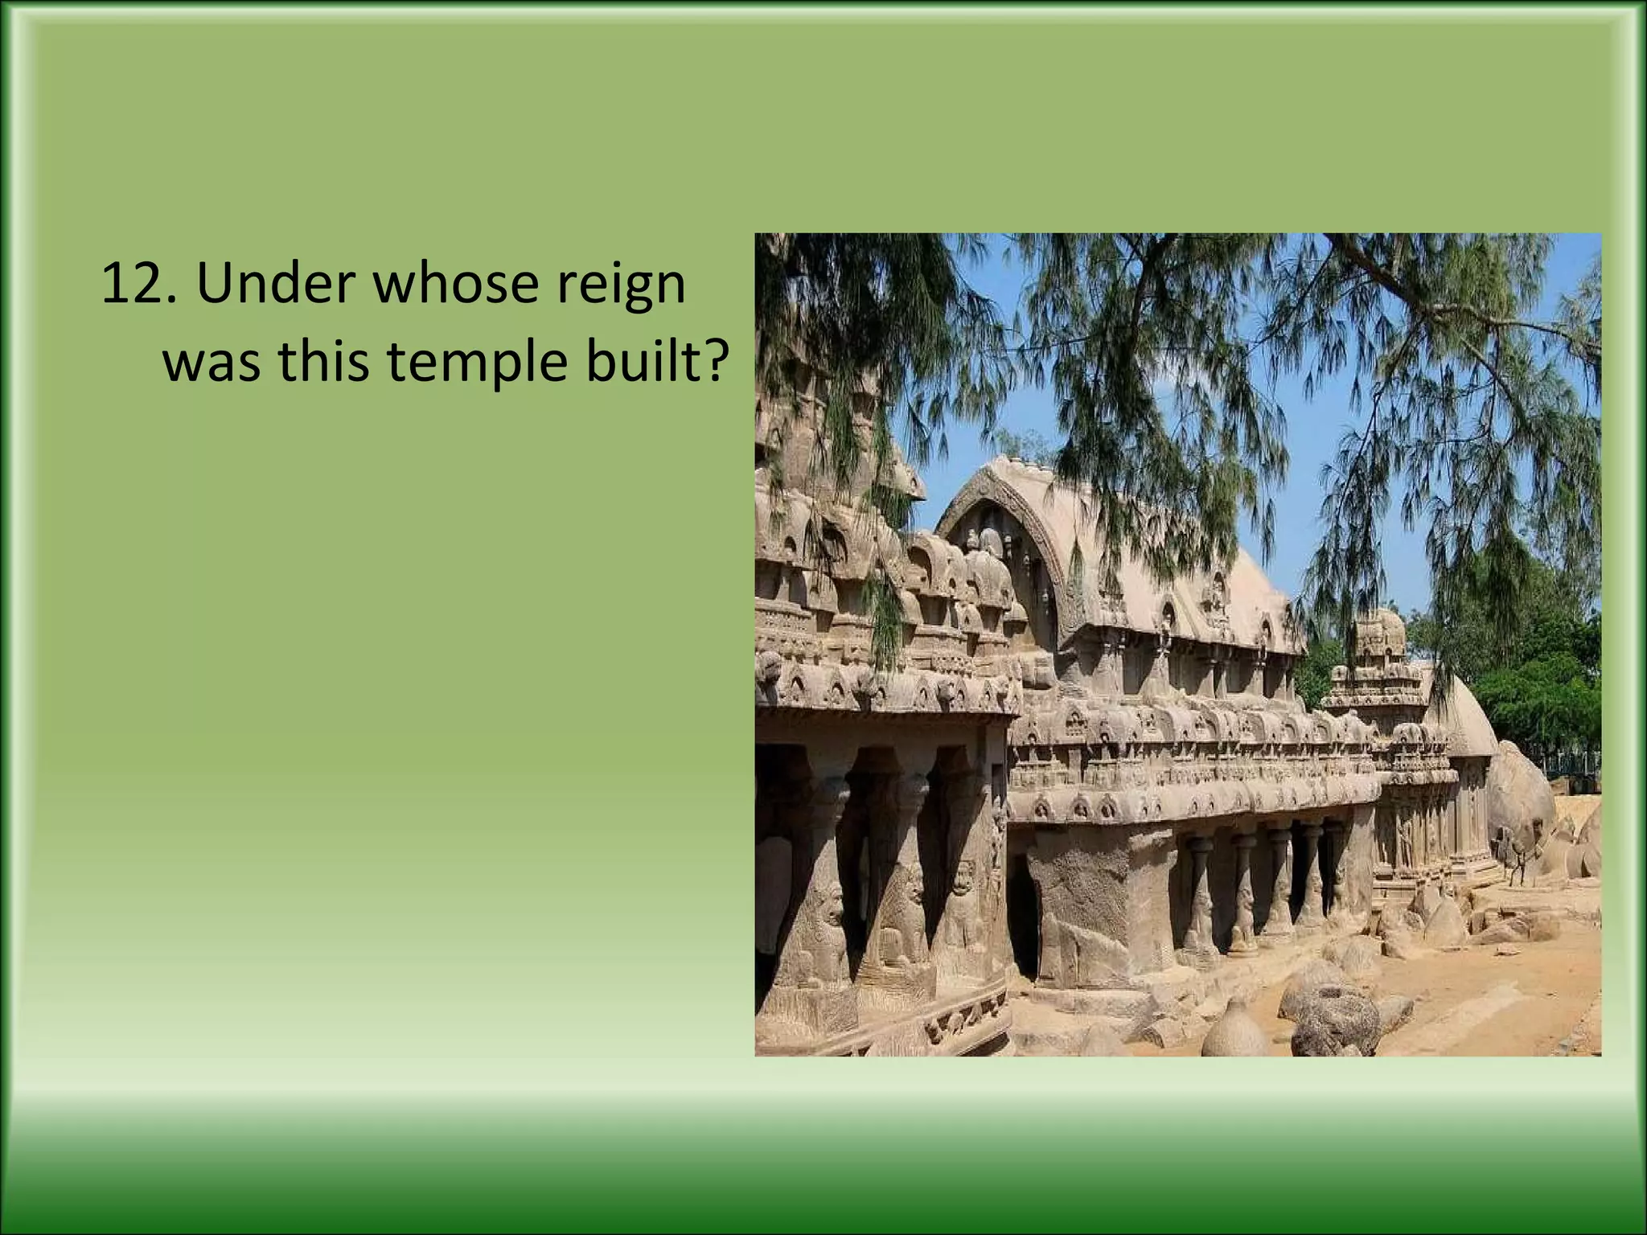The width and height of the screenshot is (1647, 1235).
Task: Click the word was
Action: coord(212,362)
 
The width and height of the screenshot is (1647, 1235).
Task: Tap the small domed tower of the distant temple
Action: coord(1380,635)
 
